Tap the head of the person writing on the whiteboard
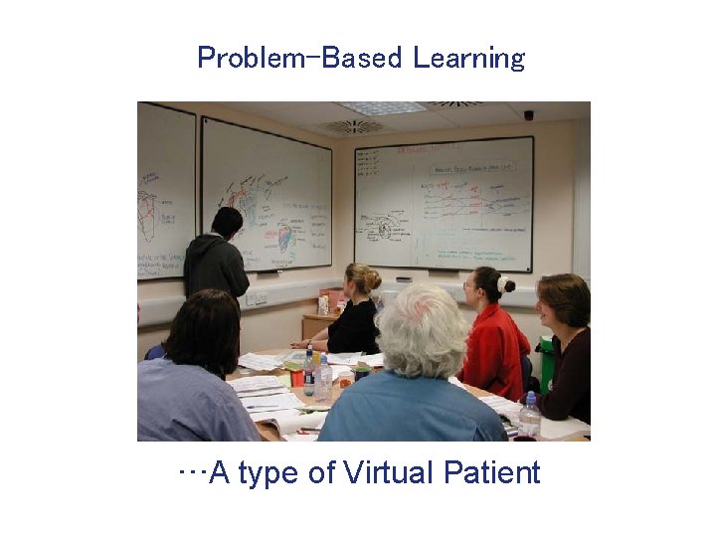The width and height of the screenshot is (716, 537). [227, 222]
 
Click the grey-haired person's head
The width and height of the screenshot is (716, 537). [423, 329]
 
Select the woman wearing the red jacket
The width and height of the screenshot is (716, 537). [493, 338]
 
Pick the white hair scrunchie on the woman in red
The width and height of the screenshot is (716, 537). [503, 283]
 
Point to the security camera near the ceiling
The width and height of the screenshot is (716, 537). [528, 115]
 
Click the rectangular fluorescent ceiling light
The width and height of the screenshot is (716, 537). [382, 107]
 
